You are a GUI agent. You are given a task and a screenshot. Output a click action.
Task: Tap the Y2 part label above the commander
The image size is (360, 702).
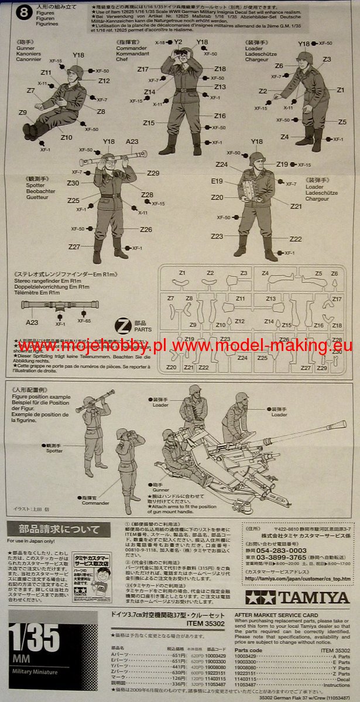[178, 42]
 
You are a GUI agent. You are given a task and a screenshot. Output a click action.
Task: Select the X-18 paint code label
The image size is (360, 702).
[159, 43]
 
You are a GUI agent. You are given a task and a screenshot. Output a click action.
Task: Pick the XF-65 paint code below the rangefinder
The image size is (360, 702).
[84, 321]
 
